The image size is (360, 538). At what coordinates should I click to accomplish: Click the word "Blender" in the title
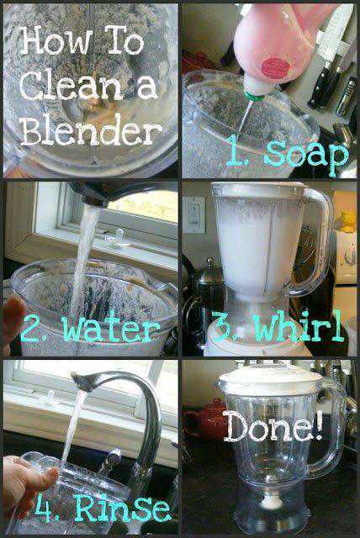[92, 129]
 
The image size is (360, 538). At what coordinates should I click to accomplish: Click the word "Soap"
[306, 155]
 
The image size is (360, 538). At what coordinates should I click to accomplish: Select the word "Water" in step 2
[111, 330]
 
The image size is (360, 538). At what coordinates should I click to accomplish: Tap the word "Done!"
[273, 426]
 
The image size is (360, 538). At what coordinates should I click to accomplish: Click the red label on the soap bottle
[276, 66]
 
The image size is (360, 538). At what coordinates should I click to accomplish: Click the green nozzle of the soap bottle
[255, 95]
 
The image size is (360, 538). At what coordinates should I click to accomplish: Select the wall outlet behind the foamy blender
[194, 215]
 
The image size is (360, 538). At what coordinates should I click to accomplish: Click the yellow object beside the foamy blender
[347, 222]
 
